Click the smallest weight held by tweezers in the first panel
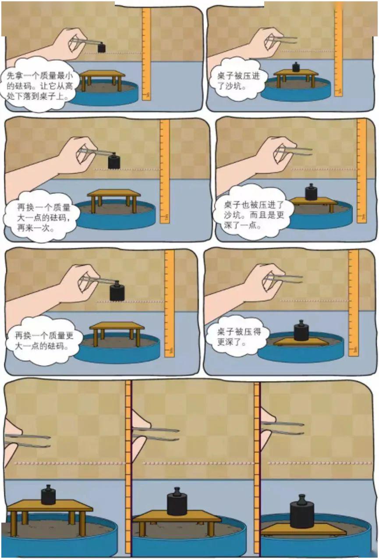[x=102, y=47]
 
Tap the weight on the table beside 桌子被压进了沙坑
[x=296, y=67]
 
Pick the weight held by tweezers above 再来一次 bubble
[x=114, y=161]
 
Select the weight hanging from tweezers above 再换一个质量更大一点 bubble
[x=117, y=292]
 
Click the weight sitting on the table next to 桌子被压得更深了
[x=301, y=331]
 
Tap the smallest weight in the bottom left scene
[x=48, y=495]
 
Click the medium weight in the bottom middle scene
[x=177, y=502]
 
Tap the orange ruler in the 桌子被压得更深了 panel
[x=353, y=303]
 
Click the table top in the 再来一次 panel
[x=114, y=193]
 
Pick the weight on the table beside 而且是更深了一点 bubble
[x=311, y=192]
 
